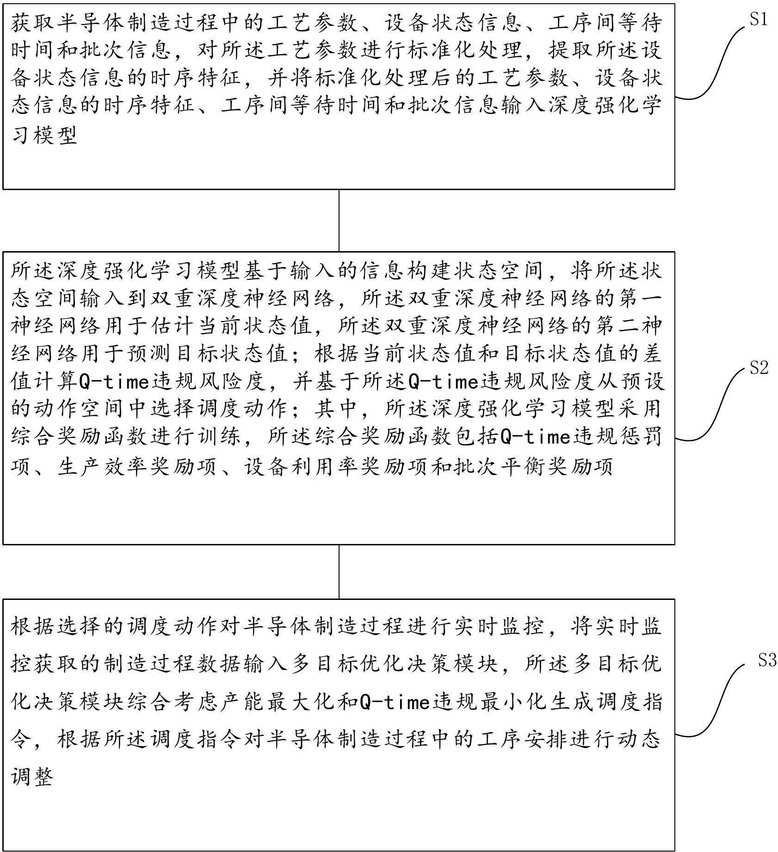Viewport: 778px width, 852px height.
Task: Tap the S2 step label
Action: coord(759,368)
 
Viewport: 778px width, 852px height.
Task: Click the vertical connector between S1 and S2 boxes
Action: coord(339,220)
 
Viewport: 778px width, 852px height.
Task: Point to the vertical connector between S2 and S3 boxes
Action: coord(339,571)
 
